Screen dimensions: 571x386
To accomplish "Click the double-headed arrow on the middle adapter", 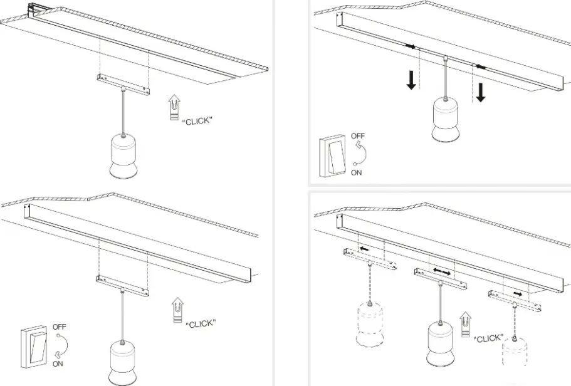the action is (x=442, y=272).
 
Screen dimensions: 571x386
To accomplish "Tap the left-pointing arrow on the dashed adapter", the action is (x=364, y=249).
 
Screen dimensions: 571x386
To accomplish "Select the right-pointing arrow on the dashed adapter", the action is (x=518, y=293).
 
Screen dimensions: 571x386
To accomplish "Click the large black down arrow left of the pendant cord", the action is (x=411, y=80).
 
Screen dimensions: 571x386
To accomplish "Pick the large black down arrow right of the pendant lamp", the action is (x=481, y=93).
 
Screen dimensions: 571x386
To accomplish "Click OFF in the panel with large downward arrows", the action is (x=358, y=136).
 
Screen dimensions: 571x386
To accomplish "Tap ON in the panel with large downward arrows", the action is (x=356, y=172).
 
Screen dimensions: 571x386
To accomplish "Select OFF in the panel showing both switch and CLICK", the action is (x=60, y=326).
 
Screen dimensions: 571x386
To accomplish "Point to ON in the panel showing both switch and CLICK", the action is (x=58, y=363).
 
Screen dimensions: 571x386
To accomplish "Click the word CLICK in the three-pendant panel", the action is (x=488, y=338).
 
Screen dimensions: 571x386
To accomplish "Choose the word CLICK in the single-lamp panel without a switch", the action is (x=197, y=121).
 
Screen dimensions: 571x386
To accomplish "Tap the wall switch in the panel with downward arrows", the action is (x=332, y=156).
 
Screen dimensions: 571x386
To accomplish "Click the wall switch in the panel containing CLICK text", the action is (x=34, y=347).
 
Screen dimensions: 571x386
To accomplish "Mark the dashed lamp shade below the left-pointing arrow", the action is (x=370, y=324).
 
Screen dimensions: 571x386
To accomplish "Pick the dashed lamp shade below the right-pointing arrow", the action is (x=514, y=352).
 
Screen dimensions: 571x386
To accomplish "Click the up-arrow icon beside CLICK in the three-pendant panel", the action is (x=465, y=324).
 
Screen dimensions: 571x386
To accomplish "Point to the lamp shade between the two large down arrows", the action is (x=445, y=120).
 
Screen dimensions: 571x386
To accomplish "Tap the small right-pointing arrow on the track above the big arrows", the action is (x=411, y=46).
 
